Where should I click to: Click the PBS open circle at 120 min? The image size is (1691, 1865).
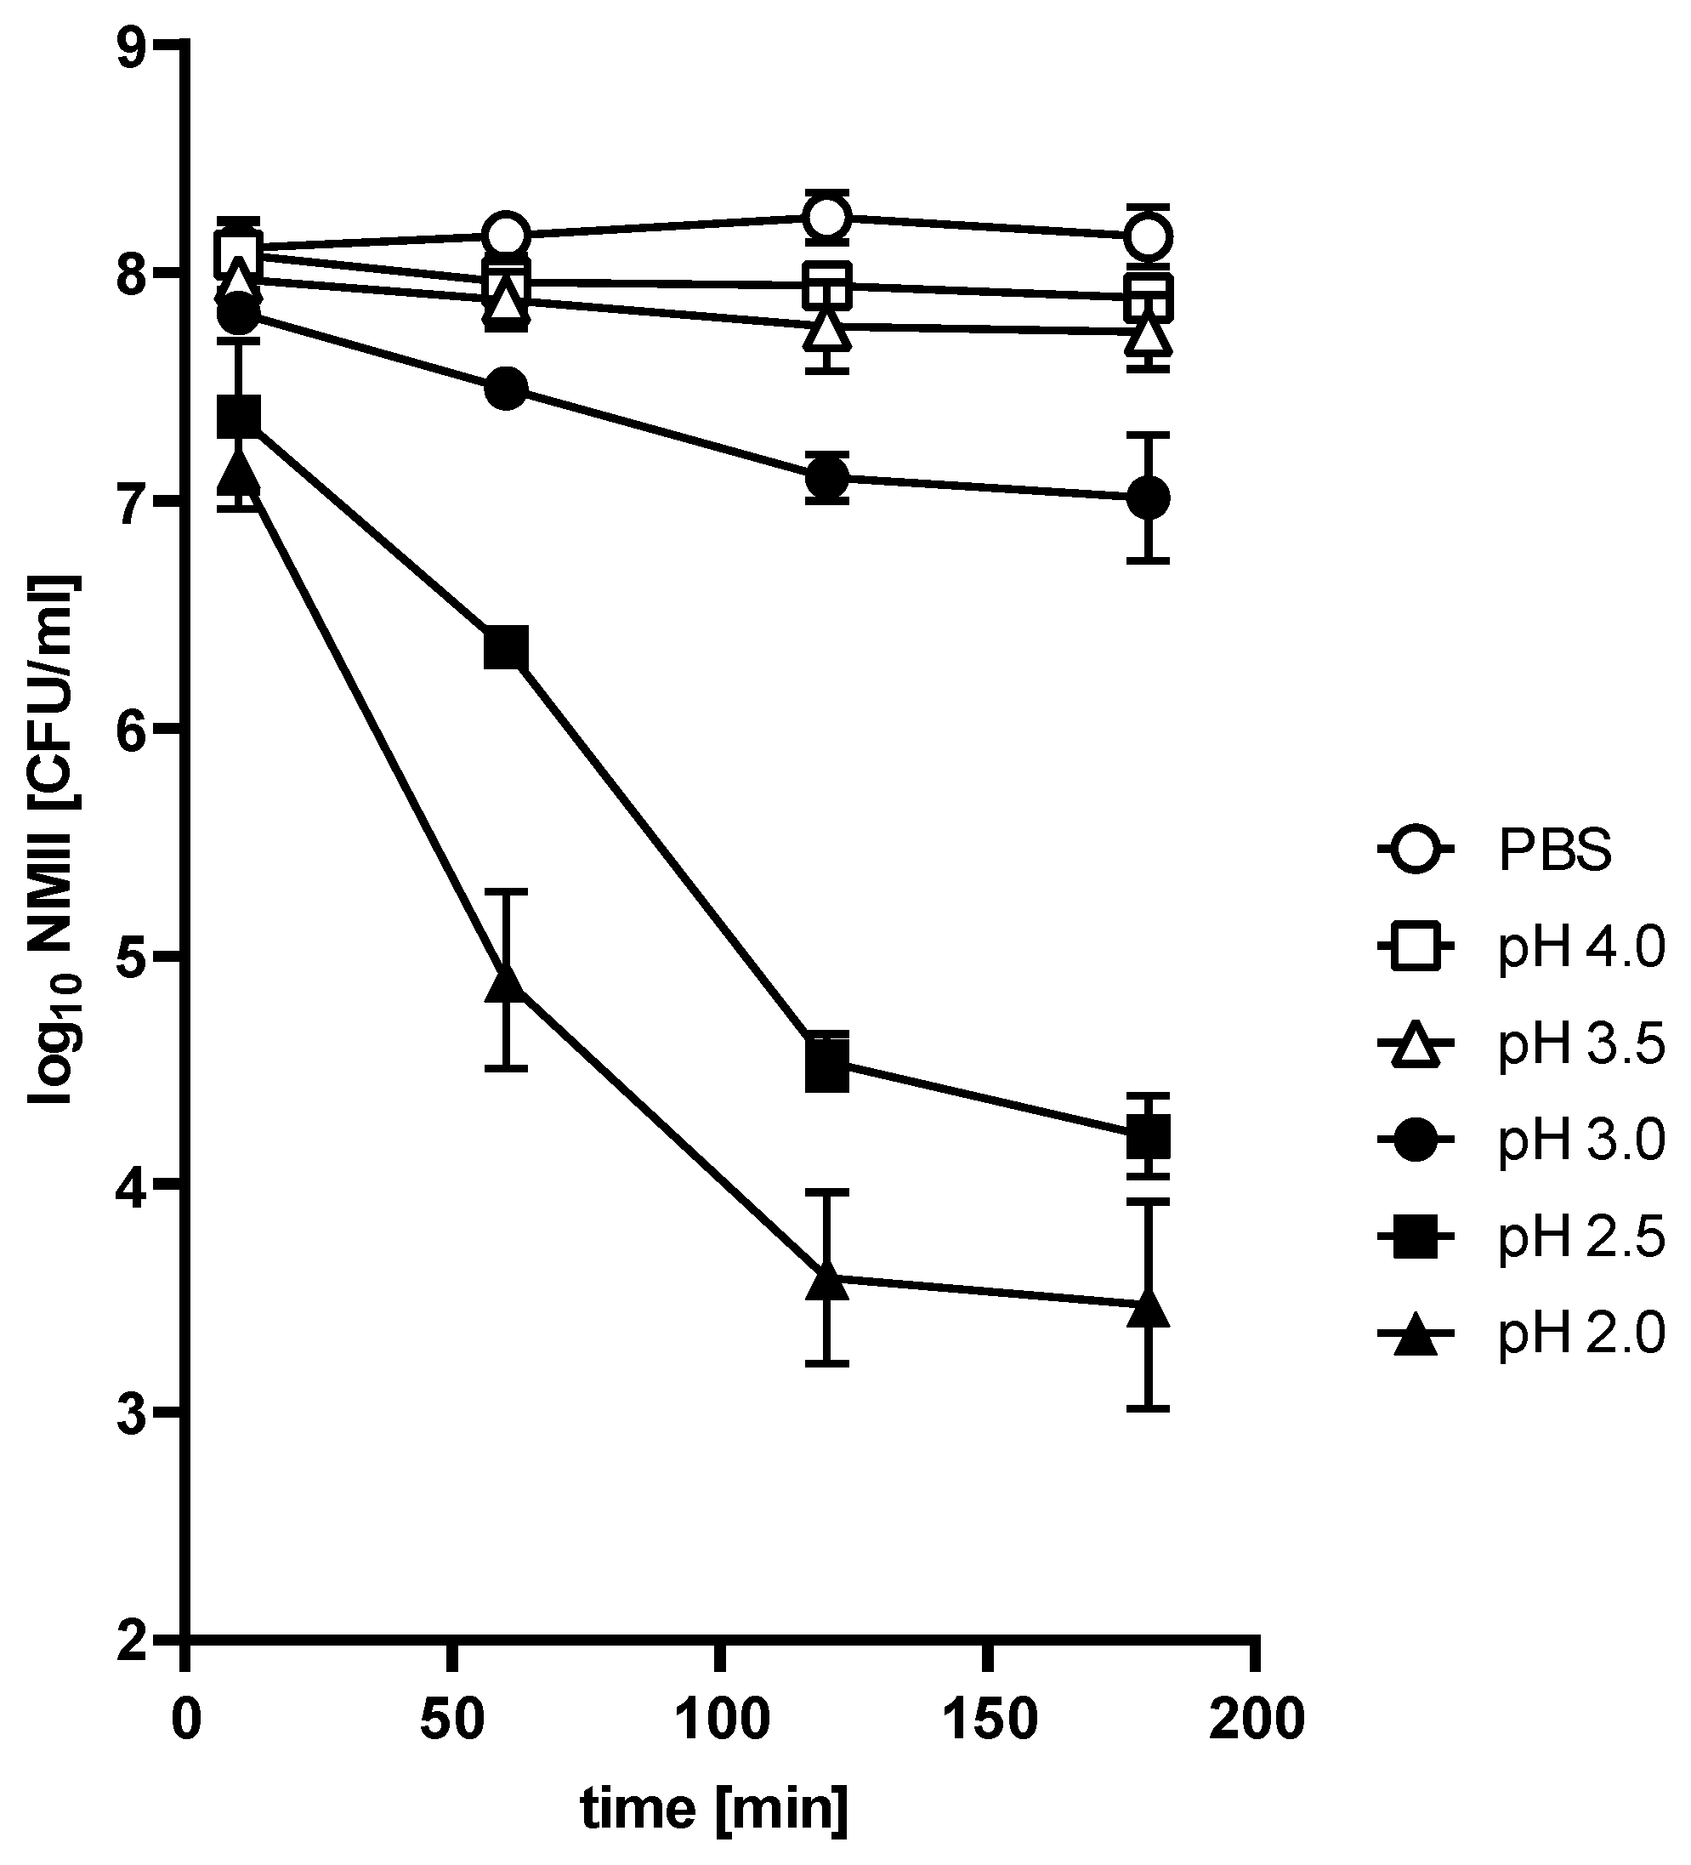(827, 219)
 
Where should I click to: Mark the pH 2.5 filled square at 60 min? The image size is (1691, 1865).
(506, 649)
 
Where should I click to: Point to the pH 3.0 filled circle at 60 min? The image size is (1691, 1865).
(506, 389)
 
